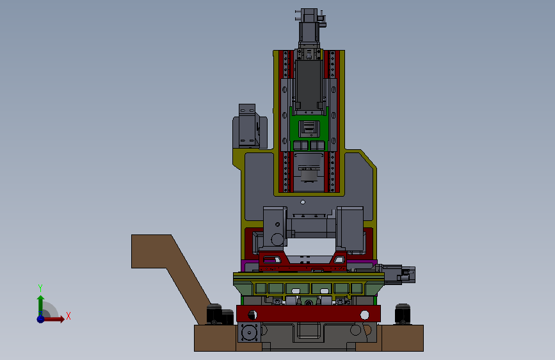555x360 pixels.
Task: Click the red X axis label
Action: tap(68, 316)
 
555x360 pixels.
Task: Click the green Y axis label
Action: tap(40, 288)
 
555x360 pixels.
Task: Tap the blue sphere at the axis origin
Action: tap(41, 319)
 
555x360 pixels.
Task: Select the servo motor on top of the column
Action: tap(309, 28)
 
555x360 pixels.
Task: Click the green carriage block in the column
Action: tap(309, 129)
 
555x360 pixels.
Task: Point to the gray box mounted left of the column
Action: tap(250, 126)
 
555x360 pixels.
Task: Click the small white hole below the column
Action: tap(303, 202)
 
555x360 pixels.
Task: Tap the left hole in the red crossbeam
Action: tap(252, 315)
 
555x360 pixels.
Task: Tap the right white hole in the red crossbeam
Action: tap(365, 315)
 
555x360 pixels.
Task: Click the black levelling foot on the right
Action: tap(403, 314)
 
